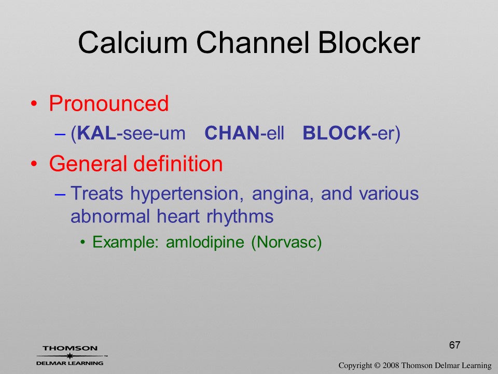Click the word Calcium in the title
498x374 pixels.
pos(133,42)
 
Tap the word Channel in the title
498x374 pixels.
pos(253,42)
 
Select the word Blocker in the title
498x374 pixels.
pos(369,42)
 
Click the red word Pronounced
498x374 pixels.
pos(108,103)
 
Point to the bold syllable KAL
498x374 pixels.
pos(96,133)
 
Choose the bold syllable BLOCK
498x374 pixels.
pos(336,133)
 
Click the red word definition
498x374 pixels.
pos(178,164)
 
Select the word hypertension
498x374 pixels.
pos(187,194)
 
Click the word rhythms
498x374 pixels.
pos(240,217)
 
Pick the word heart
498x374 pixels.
pos(178,216)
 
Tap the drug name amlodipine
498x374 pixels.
pos(205,243)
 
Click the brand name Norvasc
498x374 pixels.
pos(286,242)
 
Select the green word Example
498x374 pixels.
pos(126,243)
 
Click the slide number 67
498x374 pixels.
pos(455,345)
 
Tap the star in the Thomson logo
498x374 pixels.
pos(70,356)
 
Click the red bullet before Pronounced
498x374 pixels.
pos(34,104)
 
